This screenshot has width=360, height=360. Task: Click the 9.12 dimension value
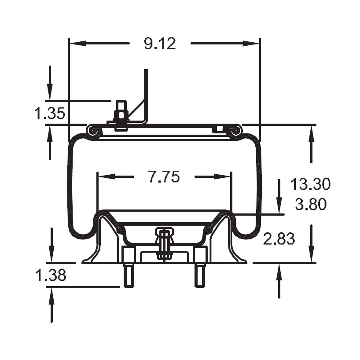coord(160,44)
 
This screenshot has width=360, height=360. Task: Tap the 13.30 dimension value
coord(310,184)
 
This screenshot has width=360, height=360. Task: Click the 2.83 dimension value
coord(279,239)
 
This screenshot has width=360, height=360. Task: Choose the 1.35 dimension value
coord(49,114)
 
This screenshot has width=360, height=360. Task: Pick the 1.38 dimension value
coord(50,276)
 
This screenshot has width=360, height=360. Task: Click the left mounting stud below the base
coord(129,275)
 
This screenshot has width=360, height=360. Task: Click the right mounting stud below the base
coord(200,275)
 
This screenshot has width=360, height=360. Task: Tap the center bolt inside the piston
coord(164,244)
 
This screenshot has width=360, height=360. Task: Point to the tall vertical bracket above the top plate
coord(146,92)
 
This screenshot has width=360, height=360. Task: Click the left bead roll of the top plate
coord(92,131)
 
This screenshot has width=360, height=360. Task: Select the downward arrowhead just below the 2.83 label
coord(312,255)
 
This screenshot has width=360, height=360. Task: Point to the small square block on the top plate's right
coord(217,129)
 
